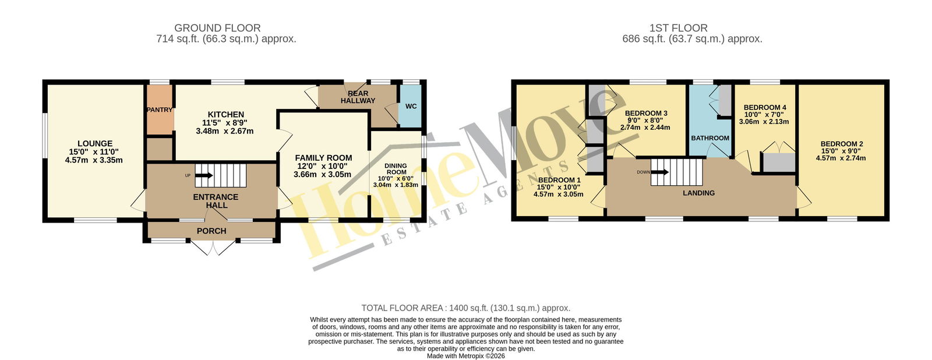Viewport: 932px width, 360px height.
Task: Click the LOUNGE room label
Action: [95, 143]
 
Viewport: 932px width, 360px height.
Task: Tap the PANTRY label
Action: [160, 110]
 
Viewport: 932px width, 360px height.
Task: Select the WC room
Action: [411, 106]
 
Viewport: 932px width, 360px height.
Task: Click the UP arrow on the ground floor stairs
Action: [204, 175]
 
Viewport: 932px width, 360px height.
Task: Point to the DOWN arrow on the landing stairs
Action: [660, 172]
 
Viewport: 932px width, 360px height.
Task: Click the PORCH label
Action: [211, 231]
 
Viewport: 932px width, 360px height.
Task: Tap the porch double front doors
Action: [213, 247]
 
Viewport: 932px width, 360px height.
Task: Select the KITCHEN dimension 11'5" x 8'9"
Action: [225, 123]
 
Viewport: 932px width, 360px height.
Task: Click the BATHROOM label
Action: [710, 138]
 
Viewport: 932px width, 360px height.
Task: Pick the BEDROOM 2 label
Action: [841, 144]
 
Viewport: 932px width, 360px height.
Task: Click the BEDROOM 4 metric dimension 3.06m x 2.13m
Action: [764, 122]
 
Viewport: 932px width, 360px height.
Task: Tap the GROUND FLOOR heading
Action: [217, 28]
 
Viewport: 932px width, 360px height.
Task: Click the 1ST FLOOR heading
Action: [678, 28]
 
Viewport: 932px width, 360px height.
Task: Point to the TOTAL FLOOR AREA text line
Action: [465, 308]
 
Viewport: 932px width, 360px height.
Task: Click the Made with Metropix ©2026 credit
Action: [465, 357]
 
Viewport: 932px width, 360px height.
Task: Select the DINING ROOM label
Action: [396, 168]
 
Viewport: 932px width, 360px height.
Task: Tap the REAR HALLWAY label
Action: [358, 97]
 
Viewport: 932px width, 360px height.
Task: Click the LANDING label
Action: [698, 193]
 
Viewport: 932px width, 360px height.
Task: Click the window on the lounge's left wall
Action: [44, 136]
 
